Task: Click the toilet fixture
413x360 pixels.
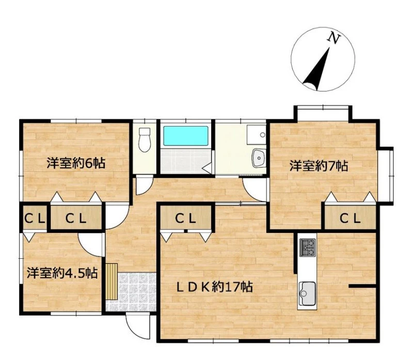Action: pyautogui.click(x=145, y=139)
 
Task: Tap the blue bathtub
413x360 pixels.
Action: pyautogui.click(x=186, y=136)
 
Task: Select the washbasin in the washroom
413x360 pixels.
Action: pyautogui.click(x=259, y=158)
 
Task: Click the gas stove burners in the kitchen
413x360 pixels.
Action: pyautogui.click(x=307, y=247)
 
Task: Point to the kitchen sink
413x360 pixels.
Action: pyautogui.click(x=307, y=293)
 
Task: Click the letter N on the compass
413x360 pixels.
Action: pyautogui.click(x=333, y=38)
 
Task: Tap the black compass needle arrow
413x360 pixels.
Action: pyautogui.click(x=317, y=69)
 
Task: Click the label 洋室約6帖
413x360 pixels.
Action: pyautogui.click(x=76, y=163)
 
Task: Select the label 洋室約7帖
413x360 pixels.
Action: pyautogui.click(x=319, y=166)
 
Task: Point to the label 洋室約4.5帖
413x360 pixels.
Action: pyautogui.click(x=62, y=273)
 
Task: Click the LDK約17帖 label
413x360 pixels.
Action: pyautogui.click(x=215, y=287)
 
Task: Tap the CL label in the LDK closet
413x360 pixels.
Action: pyautogui.click(x=186, y=218)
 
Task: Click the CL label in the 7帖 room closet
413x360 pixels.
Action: pyautogui.click(x=350, y=218)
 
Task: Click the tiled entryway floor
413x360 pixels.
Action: pyautogui.click(x=137, y=292)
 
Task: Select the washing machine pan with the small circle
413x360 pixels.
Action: pyautogui.click(x=256, y=135)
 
